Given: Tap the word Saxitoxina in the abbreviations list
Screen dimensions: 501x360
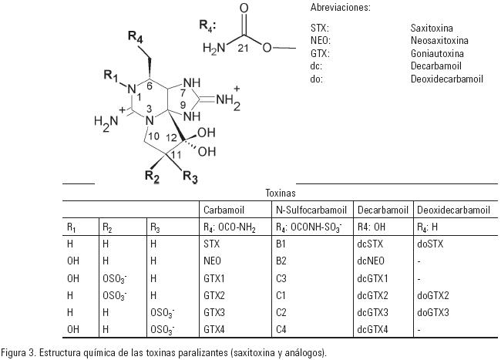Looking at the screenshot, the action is click(x=432, y=28).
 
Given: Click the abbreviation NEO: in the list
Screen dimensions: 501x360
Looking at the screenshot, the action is click(x=321, y=40).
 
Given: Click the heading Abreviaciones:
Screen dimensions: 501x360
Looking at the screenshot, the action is click(x=340, y=7).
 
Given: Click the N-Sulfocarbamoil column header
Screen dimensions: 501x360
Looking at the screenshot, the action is click(x=312, y=210).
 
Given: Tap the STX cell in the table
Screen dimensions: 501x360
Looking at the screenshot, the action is click(x=213, y=244).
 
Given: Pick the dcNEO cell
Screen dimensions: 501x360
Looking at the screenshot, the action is click(x=372, y=261).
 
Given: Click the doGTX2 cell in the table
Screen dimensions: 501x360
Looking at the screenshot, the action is click(x=432, y=295).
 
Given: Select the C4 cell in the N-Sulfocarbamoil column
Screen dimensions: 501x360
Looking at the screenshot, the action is click(x=281, y=329).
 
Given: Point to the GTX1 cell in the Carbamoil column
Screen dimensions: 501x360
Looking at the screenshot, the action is click(x=216, y=278).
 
